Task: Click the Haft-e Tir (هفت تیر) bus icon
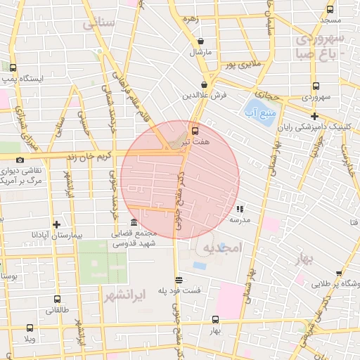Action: [195, 130]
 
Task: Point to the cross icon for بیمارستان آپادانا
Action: [56, 224]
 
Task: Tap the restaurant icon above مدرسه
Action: [240, 209]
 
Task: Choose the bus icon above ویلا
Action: [30, 328]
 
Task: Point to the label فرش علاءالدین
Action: [205, 95]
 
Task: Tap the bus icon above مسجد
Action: [330, 10]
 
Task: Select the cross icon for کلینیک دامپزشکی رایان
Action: [314, 116]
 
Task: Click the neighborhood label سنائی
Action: [98, 23]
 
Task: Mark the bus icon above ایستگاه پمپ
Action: [13, 68]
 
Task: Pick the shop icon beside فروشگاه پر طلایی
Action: [339, 273]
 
